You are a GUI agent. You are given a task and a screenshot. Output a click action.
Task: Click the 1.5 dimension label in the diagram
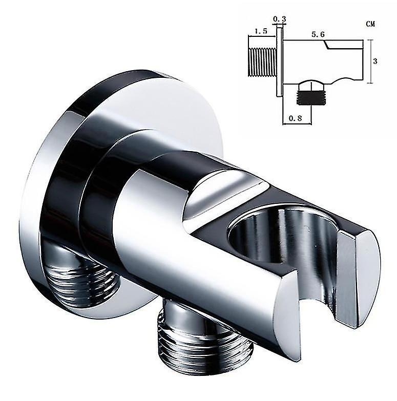pos(261,31)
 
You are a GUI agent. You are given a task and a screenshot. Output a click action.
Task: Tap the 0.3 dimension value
pos(279,19)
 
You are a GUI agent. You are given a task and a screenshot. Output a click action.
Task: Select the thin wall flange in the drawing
pos(279,61)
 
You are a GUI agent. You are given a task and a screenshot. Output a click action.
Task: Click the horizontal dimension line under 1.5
pos(261,37)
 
